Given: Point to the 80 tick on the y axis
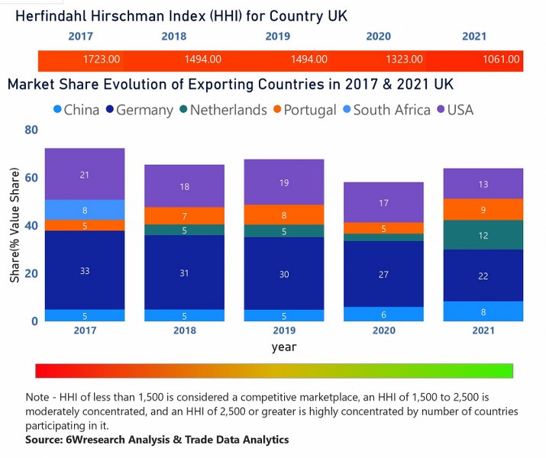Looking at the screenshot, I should (31, 130).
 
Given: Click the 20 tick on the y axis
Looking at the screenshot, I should (31, 273).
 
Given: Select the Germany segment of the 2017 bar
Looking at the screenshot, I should (85, 270).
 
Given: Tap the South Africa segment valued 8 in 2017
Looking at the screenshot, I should (85, 210).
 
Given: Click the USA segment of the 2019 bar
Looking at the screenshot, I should (283, 182).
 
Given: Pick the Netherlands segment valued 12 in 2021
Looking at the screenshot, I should (483, 235).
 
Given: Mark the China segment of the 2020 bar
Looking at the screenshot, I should (383, 314).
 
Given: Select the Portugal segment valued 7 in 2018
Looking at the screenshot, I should (184, 217).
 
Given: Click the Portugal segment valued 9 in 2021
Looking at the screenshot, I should (483, 210).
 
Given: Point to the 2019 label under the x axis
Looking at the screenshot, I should (283, 331).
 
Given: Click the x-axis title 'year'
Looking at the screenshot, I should (283, 347).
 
